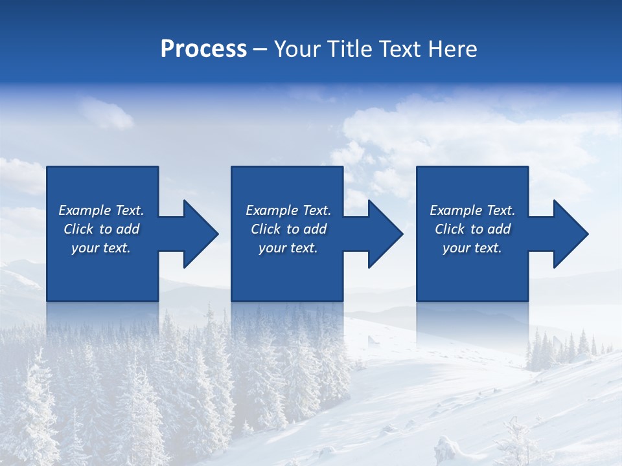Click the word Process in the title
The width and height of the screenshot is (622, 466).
click(x=203, y=49)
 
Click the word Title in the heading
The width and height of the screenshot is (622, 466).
click(x=346, y=49)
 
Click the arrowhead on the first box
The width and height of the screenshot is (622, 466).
click(x=197, y=234)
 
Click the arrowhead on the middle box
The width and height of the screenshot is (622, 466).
click(x=382, y=234)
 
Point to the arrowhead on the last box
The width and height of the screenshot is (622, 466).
click(x=568, y=234)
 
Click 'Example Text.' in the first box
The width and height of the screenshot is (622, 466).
click(x=101, y=210)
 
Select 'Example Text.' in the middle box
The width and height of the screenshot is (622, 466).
click(x=288, y=210)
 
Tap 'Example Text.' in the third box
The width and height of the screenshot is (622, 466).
click(x=472, y=210)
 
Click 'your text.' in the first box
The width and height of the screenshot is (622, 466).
click(x=101, y=248)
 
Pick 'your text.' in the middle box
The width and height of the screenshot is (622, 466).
click(x=288, y=248)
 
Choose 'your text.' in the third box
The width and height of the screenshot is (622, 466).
click(x=472, y=248)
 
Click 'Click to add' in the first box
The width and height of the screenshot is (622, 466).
click(x=101, y=229)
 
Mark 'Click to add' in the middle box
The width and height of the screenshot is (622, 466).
click(x=288, y=229)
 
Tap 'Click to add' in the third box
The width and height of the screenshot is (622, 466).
click(x=472, y=229)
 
